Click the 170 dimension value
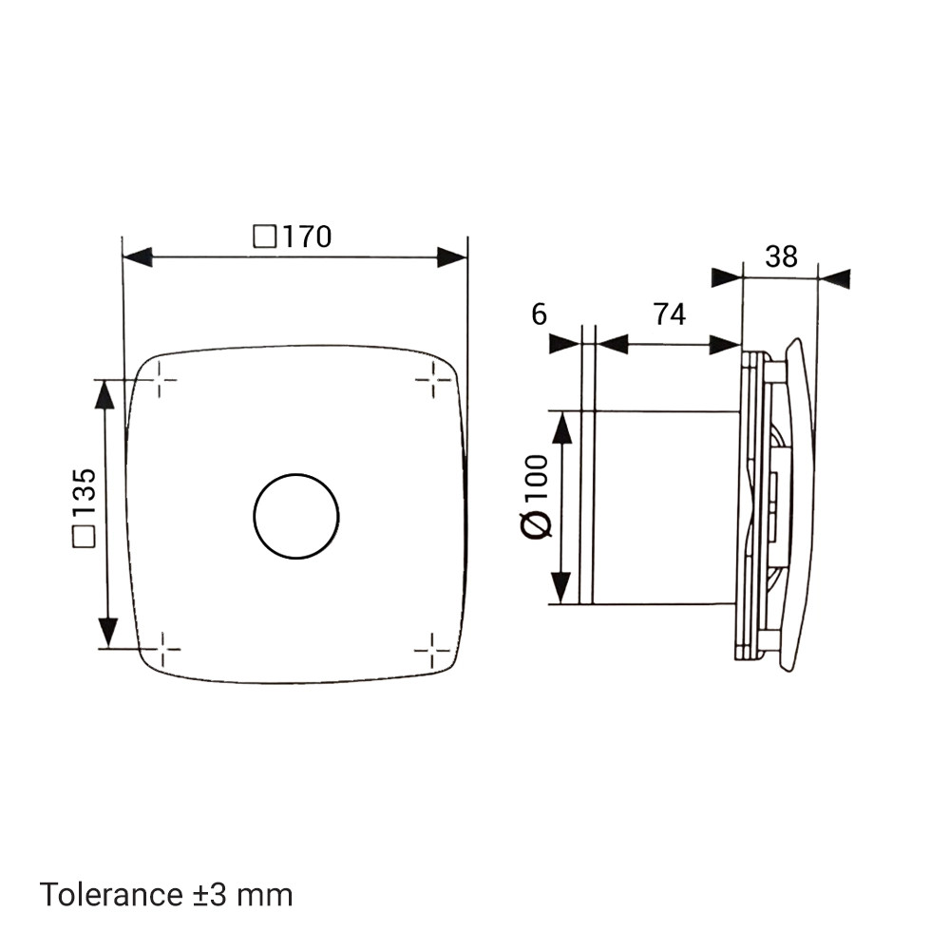coord(307,237)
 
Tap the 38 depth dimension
coord(781,256)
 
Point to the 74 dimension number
coord(670,314)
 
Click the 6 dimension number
coord(539,314)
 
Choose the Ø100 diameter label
coord(536,496)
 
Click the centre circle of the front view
coord(296,516)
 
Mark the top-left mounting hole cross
coord(159,380)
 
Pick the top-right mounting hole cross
coord(433,380)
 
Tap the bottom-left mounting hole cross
coord(161,649)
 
